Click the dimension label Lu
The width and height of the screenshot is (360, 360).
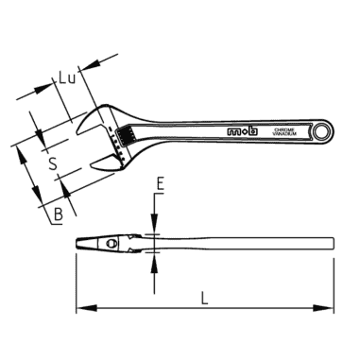click(67, 80)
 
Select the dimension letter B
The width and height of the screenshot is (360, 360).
click(59, 214)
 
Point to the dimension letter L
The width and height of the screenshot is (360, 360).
click(204, 300)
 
